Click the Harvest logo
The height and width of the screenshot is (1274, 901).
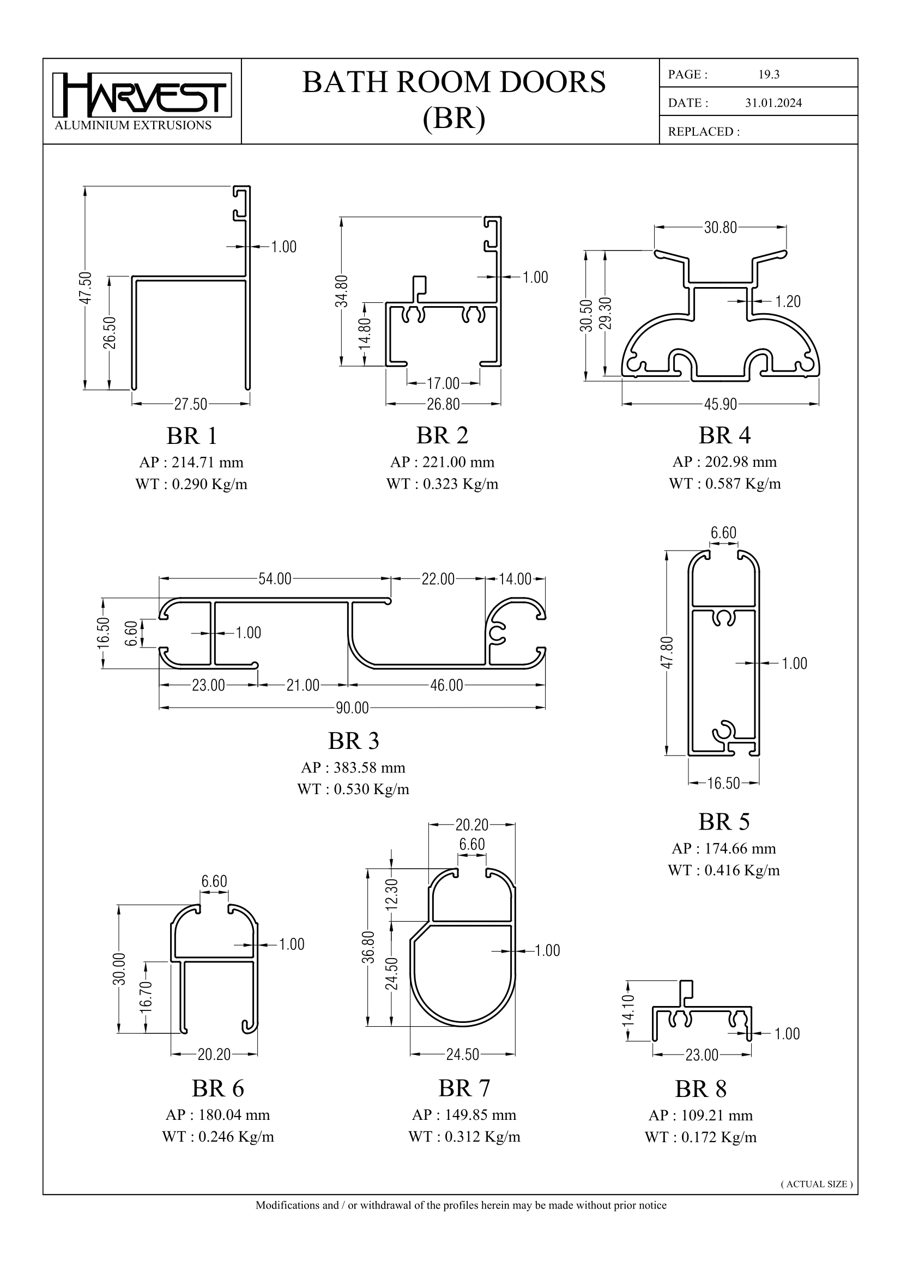click(142, 95)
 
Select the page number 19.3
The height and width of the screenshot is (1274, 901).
click(769, 75)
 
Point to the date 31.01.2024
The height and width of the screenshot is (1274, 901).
click(773, 103)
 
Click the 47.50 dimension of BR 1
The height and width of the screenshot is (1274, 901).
click(85, 288)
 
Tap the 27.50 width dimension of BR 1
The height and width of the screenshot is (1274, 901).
click(190, 405)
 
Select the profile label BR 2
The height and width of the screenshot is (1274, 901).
click(443, 436)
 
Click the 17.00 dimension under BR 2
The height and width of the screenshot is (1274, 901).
click(443, 383)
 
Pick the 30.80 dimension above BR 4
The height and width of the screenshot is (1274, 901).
click(720, 228)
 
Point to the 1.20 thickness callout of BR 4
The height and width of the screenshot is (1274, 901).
click(787, 301)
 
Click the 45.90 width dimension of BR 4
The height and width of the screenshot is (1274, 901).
click(720, 405)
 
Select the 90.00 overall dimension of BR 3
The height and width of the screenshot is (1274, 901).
click(352, 708)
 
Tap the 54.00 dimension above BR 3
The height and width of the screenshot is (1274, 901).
click(275, 580)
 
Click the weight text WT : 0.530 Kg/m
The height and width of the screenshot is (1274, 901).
click(353, 789)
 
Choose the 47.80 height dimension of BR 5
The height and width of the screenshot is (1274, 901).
click(667, 653)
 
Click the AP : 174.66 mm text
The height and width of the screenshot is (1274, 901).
click(723, 849)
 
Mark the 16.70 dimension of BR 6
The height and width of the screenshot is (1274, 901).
click(146, 997)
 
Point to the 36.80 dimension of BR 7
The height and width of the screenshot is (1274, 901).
click(368, 948)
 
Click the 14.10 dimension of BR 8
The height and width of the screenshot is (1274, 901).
click(628, 1010)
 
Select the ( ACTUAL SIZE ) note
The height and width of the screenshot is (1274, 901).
click(816, 1184)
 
